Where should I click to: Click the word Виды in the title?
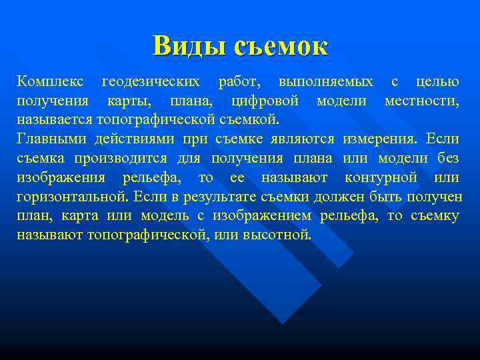189,46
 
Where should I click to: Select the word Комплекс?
51,82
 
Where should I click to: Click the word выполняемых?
326,82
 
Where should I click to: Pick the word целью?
437,82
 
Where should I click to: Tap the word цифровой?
265,101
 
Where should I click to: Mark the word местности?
422,101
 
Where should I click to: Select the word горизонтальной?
73,197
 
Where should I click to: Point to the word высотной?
279,236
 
